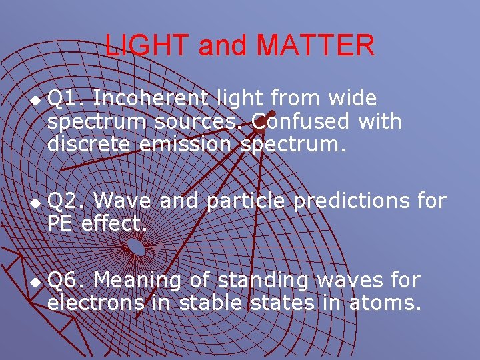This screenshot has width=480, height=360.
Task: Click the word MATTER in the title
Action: (315, 45)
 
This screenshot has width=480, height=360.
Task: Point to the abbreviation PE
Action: (60, 223)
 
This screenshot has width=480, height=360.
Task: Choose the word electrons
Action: (95, 303)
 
